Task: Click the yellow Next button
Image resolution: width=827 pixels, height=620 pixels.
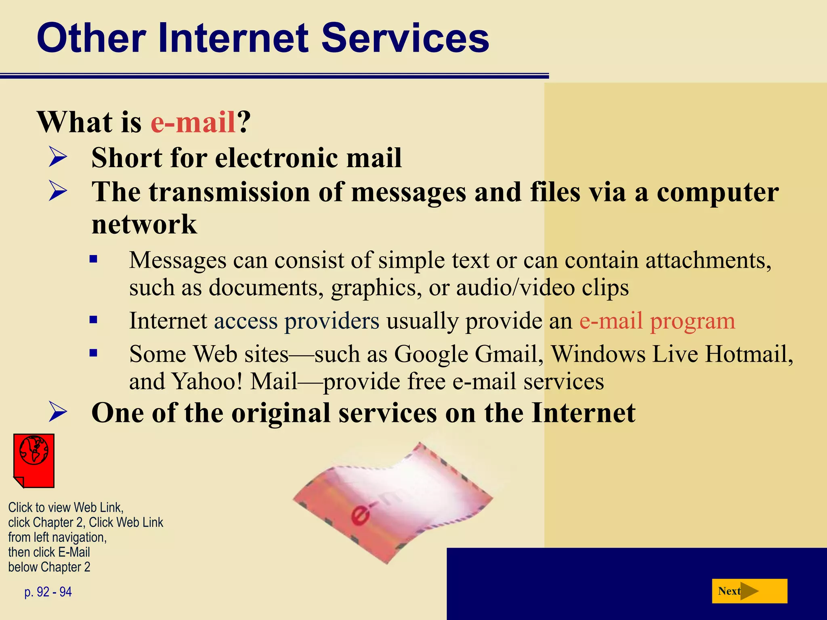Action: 749,591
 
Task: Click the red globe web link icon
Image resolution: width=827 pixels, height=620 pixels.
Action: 34,461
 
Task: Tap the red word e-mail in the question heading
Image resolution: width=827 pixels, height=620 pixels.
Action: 193,122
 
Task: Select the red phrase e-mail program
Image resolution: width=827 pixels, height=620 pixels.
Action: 657,321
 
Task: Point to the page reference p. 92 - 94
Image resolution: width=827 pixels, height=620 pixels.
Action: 48,592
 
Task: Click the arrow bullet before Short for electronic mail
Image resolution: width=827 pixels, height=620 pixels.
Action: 58,157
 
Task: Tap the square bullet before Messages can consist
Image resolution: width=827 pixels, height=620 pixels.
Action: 94,259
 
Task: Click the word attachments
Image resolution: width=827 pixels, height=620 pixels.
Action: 708,260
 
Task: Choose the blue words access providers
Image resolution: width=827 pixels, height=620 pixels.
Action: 296,321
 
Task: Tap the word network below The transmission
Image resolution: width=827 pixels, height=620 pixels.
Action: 144,224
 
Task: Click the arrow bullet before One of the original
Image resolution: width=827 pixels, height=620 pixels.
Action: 58,412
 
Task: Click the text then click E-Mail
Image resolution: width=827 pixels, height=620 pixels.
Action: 49,552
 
